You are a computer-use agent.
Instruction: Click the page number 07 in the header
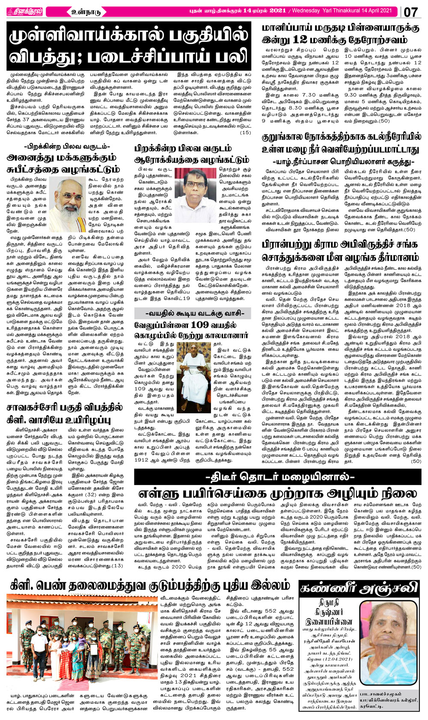(410, 12)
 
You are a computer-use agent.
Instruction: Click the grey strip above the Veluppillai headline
(192, 313)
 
